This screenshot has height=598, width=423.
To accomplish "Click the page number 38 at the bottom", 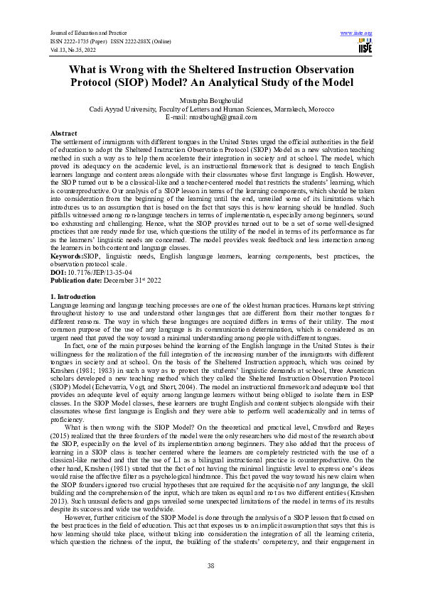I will [x=211, y=565].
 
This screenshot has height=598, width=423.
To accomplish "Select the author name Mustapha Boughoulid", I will [x=211, y=101].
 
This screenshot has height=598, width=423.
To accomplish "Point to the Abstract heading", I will [x=63, y=134].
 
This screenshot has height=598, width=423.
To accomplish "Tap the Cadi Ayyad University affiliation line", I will [x=211, y=109].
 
